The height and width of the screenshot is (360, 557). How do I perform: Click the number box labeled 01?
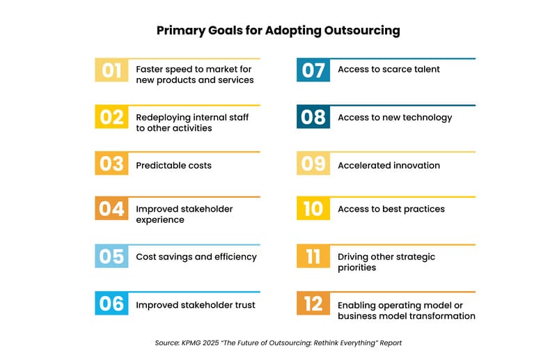[111, 70]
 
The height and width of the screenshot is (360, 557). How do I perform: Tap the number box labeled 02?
[111, 118]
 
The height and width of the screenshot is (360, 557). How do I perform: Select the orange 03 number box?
[111, 164]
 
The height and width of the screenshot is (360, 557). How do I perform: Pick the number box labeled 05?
[111, 257]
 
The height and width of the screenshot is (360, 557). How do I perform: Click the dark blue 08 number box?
[313, 118]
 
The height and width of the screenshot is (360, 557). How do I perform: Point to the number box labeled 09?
[313, 164]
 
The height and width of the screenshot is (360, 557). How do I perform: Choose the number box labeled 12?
[313, 304]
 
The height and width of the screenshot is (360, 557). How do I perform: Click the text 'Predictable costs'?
[173, 166]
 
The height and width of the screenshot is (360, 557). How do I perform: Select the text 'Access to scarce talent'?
[389, 70]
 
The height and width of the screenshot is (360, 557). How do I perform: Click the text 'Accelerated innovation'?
[389, 166]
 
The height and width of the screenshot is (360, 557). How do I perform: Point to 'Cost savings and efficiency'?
[196, 257]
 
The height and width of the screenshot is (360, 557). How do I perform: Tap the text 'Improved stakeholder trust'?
[195, 305]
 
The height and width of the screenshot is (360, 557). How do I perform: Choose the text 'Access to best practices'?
[391, 210]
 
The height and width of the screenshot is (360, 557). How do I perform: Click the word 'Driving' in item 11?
[354, 257]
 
